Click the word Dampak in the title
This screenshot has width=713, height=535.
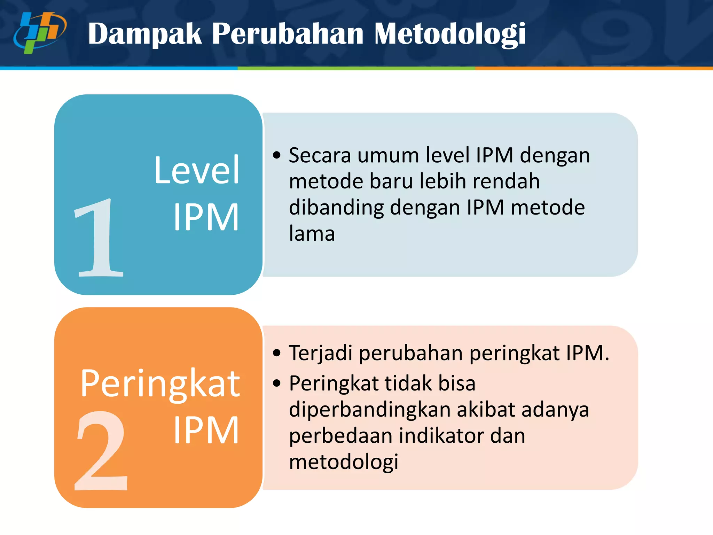145,34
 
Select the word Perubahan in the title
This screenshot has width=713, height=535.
288,34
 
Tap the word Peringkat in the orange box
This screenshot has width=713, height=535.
160,384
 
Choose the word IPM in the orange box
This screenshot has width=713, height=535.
206,431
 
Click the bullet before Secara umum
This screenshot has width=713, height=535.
277,155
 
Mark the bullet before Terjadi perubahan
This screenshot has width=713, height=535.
277,353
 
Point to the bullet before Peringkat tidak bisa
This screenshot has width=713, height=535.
277,383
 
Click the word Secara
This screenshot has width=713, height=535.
320,155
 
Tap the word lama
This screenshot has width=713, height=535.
312,234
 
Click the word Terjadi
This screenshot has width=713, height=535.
321,353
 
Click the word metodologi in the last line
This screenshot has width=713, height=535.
344,462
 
